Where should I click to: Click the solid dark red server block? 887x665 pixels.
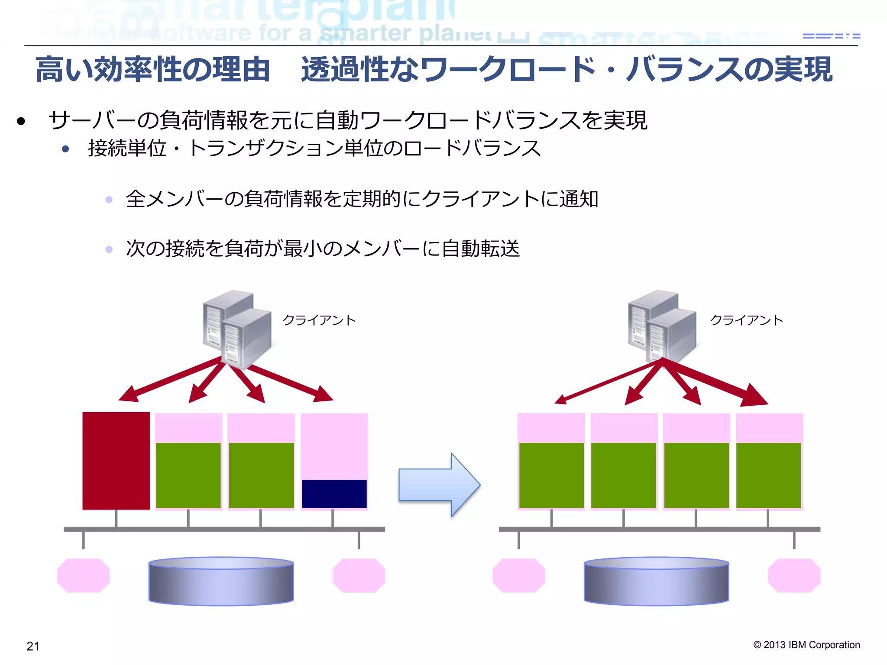click(x=116, y=461)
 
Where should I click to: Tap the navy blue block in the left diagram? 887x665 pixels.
click(x=334, y=494)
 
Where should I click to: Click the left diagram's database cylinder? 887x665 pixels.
click(x=221, y=581)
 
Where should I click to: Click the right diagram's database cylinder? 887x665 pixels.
click(x=656, y=581)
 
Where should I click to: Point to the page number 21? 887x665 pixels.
click(x=33, y=646)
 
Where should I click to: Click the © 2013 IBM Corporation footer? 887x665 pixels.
click(x=806, y=645)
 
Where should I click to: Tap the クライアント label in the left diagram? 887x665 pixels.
click(x=319, y=320)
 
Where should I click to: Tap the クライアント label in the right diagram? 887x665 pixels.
click(x=746, y=320)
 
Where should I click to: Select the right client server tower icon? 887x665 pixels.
click(x=662, y=327)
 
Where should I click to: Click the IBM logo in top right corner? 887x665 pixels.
click(x=831, y=36)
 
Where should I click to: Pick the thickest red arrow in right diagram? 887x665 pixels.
click(x=719, y=384)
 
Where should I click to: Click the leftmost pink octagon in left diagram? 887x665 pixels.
click(x=83, y=575)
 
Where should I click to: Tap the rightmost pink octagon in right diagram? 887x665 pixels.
click(x=794, y=575)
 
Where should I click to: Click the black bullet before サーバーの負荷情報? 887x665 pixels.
click(x=21, y=122)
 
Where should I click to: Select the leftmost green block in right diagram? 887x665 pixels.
click(x=551, y=475)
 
